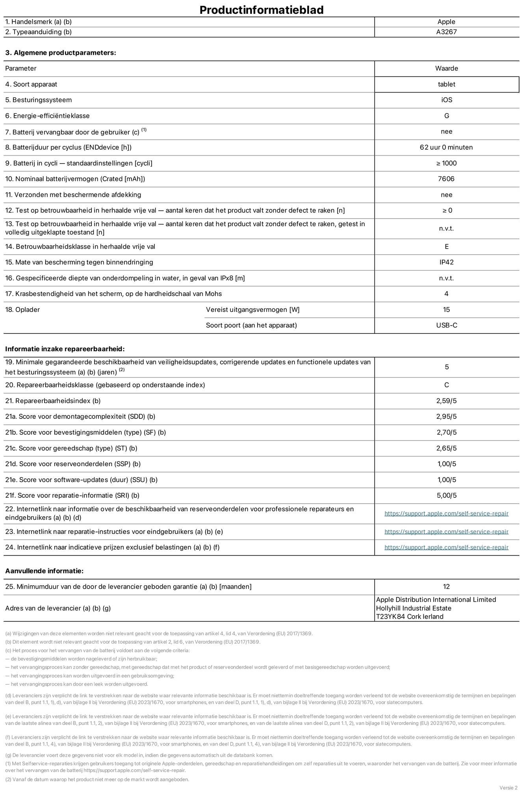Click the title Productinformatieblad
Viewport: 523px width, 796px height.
point(261,9)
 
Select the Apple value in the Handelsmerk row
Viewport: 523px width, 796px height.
point(446,22)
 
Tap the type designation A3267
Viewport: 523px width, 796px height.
point(446,32)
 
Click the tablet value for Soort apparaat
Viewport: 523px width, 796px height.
point(446,84)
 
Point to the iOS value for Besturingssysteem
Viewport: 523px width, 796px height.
point(446,100)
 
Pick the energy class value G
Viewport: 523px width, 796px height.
point(446,116)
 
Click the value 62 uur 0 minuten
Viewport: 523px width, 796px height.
point(446,147)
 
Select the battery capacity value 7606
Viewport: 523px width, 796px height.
point(446,179)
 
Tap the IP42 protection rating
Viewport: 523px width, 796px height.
point(446,262)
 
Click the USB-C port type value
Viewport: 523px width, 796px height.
point(446,325)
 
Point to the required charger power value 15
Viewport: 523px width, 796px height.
point(446,310)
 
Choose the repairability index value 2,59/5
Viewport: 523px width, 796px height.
point(446,401)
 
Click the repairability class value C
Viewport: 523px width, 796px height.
point(446,385)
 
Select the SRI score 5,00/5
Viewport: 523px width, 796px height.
point(446,496)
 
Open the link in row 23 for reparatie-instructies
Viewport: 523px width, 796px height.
point(446,532)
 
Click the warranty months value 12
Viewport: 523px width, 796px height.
point(446,587)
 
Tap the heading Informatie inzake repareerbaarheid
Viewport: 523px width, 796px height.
point(65,349)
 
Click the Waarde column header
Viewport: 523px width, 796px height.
point(446,69)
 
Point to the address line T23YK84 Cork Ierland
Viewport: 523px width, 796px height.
point(410,617)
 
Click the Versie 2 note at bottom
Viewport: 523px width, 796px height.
point(508,788)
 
